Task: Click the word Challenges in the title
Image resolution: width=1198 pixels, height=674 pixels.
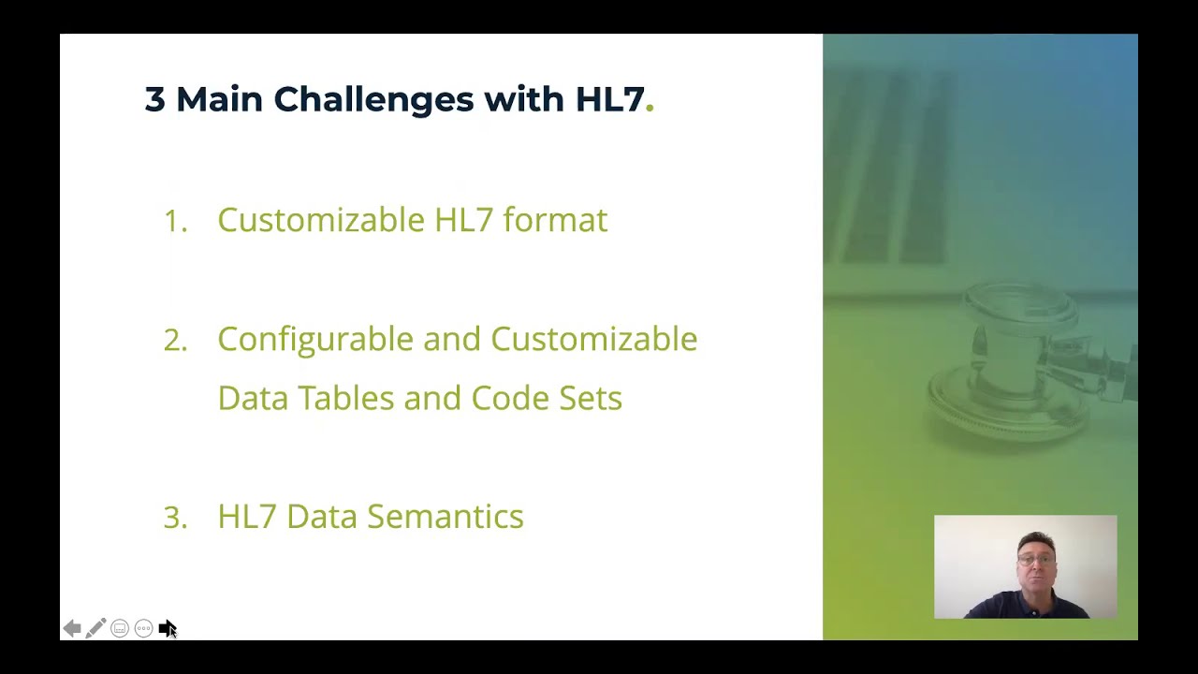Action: click(x=373, y=99)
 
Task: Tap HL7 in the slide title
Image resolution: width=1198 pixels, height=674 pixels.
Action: click(x=609, y=99)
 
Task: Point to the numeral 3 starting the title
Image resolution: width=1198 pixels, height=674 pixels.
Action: click(x=154, y=99)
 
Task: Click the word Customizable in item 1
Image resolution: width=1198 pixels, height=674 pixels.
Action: click(x=321, y=220)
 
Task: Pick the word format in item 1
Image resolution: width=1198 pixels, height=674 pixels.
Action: click(x=555, y=220)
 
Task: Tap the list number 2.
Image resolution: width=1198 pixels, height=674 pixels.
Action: click(x=175, y=340)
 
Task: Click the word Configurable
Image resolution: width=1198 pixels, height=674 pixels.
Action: click(x=315, y=339)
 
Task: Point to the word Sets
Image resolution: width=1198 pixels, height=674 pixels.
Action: click(x=591, y=398)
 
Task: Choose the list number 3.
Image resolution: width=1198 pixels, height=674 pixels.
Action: click(x=175, y=517)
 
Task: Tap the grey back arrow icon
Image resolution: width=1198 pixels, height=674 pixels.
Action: click(x=72, y=628)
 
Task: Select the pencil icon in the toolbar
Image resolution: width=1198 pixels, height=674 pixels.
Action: click(x=95, y=628)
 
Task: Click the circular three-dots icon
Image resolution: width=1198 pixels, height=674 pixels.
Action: click(x=143, y=628)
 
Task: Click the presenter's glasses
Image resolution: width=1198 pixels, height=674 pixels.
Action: click(x=1035, y=559)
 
